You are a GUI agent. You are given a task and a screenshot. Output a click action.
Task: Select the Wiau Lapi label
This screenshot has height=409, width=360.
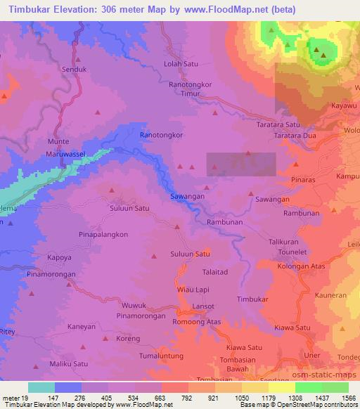click(x=193, y=289)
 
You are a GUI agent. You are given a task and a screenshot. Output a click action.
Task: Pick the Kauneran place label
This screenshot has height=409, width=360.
click(x=332, y=296)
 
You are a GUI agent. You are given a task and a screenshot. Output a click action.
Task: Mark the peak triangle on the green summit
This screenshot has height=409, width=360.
click(x=319, y=50)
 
